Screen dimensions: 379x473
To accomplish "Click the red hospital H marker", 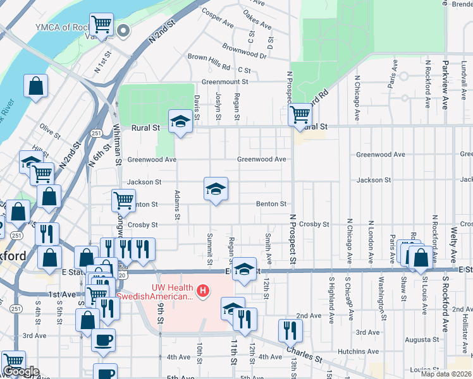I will click(x=202, y=291).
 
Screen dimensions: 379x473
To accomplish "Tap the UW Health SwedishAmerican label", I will click(x=155, y=292).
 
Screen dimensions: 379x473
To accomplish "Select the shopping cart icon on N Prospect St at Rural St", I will click(x=300, y=115).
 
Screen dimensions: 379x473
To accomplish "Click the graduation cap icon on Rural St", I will click(x=180, y=121).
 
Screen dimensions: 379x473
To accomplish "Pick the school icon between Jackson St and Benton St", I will click(x=216, y=189).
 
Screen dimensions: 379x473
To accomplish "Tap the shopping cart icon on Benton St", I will click(x=123, y=201).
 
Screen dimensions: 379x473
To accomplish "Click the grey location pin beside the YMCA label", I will click(x=124, y=29).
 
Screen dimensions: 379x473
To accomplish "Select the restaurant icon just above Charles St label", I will click(x=290, y=330).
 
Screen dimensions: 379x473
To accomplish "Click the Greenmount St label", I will click(x=225, y=81).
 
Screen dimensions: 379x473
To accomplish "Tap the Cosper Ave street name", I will click(x=218, y=18).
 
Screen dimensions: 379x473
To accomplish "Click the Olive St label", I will click(x=49, y=128).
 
